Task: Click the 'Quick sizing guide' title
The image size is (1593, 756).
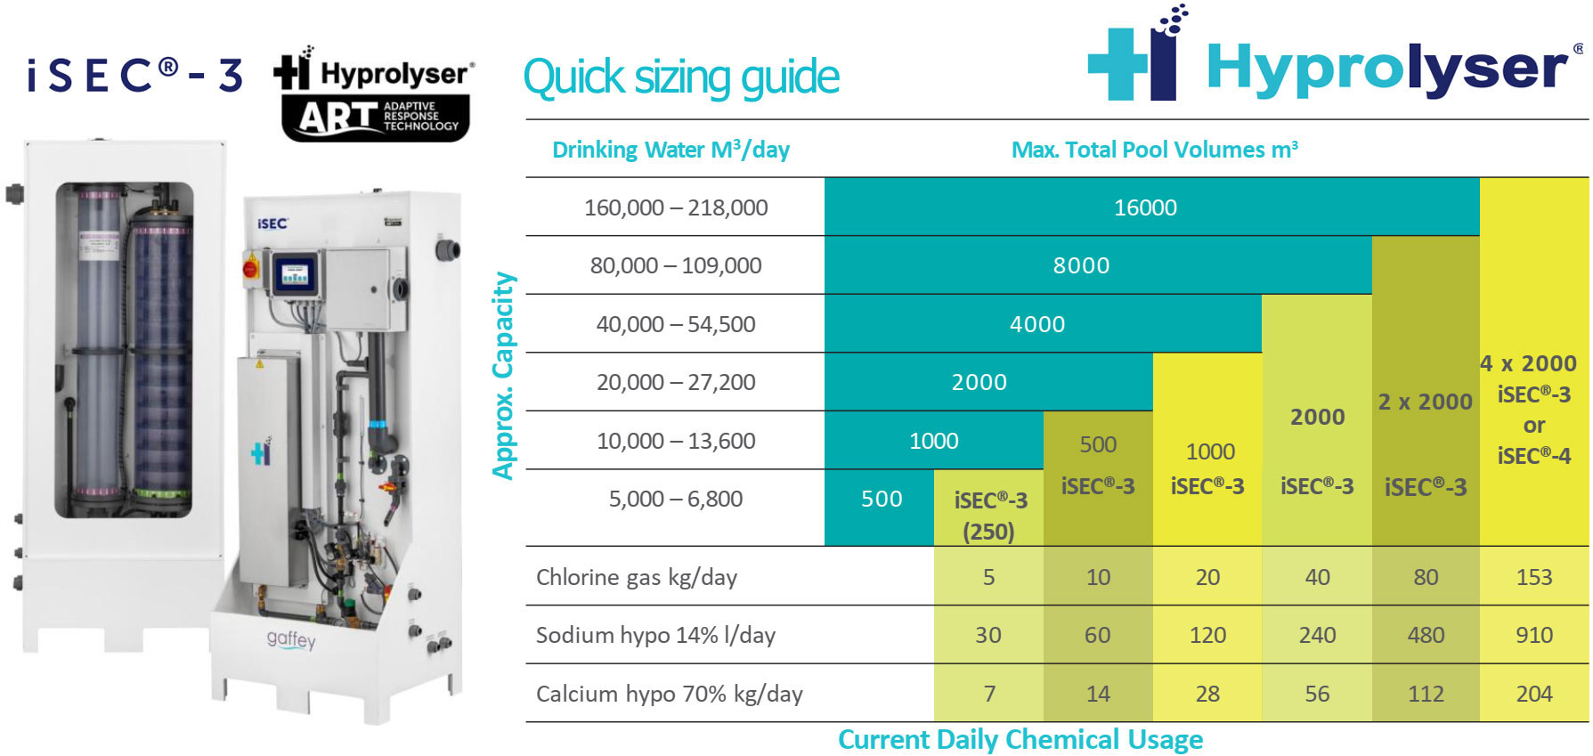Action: coord(681,77)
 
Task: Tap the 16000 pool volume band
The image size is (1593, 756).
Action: coord(1145,207)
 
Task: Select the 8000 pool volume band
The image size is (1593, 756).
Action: coord(1081,265)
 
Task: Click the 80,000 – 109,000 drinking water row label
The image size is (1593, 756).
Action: coord(676,265)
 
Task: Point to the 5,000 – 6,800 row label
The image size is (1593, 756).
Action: coord(676,499)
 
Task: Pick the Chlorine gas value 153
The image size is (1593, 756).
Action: coord(1533,577)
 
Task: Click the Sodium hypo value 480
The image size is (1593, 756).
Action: coord(1425,635)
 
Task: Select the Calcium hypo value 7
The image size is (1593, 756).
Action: coord(988,694)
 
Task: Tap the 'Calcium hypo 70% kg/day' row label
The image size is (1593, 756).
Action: coord(669,694)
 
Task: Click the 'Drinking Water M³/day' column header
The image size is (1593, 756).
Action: coord(671,150)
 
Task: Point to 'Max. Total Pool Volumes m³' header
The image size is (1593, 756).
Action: coord(1154,150)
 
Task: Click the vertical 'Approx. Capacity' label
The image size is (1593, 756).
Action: coord(504,376)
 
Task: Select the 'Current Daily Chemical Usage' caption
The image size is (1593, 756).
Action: coord(1020,740)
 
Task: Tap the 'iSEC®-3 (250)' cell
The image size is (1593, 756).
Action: coord(989,515)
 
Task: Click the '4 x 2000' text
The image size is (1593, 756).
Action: coord(1527,363)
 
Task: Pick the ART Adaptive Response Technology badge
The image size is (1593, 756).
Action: coord(376,118)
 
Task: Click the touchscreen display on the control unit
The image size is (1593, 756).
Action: coord(295,272)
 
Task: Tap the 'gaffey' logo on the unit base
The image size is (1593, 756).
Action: coord(291,639)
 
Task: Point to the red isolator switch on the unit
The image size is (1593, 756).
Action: coord(251,265)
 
